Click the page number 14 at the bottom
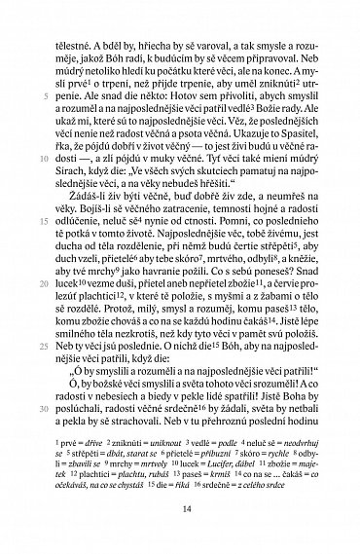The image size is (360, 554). point(179,504)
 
